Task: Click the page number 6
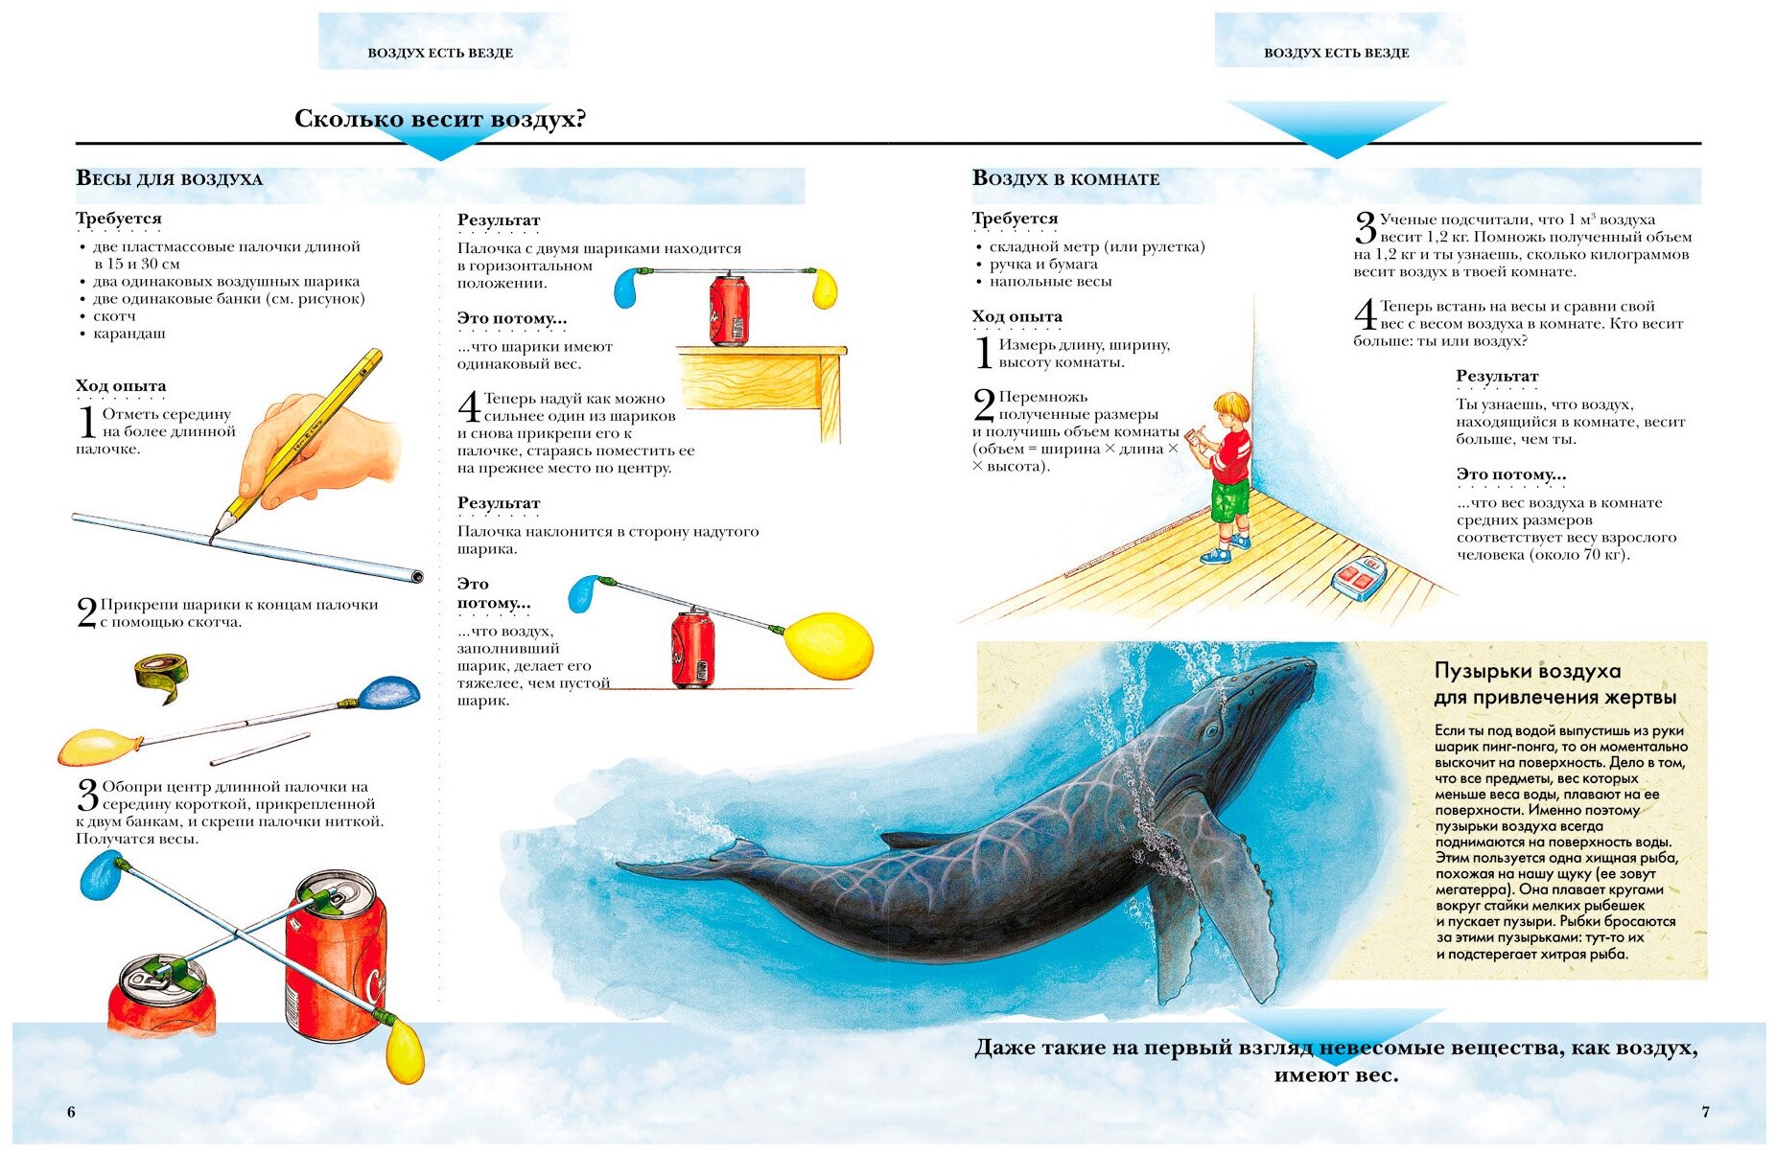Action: pyautogui.click(x=71, y=1112)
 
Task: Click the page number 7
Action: pyautogui.click(x=1705, y=1112)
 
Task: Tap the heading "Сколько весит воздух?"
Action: pyautogui.click(x=439, y=119)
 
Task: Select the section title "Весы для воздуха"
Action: pyautogui.click(x=169, y=178)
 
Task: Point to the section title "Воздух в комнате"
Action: pyautogui.click(x=1065, y=178)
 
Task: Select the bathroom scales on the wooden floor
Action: pyautogui.click(x=1358, y=577)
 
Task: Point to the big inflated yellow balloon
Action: pyautogui.click(x=830, y=645)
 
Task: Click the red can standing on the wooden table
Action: pyautogui.click(x=729, y=309)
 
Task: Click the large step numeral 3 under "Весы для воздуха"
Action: pyautogui.click(x=88, y=796)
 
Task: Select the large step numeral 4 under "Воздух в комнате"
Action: pyautogui.click(x=1365, y=316)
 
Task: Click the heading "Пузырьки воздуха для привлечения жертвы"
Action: pyautogui.click(x=1554, y=683)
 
